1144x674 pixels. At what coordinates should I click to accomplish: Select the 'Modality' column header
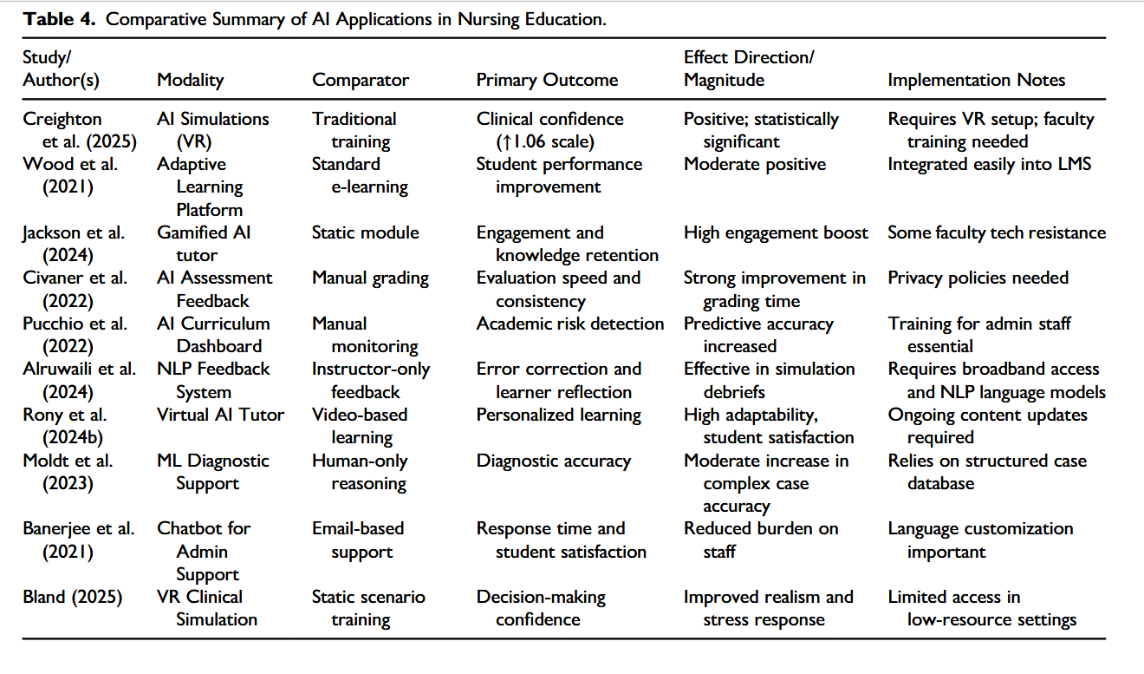[190, 80]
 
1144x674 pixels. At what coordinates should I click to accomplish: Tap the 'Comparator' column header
[361, 80]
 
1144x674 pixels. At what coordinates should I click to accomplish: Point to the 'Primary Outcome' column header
[547, 80]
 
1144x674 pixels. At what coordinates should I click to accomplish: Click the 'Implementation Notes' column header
[977, 80]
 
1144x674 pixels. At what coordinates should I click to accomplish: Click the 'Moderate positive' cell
[755, 164]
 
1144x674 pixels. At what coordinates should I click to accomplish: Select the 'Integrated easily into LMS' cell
[990, 164]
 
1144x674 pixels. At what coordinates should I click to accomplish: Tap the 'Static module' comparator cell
[366, 232]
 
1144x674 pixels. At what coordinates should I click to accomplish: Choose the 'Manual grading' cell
[370, 278]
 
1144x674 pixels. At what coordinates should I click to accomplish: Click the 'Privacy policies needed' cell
[978, 278]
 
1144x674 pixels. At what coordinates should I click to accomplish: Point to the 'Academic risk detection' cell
[570, 324]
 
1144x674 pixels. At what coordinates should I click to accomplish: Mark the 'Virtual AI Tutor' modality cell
[220, 415]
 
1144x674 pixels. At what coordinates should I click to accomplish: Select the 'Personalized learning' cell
[559, 415]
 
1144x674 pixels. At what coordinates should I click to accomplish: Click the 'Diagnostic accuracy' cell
[553, 461]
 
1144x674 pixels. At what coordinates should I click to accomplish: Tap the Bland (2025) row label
[72, 597]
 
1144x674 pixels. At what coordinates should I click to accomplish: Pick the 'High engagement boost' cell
[776, 232]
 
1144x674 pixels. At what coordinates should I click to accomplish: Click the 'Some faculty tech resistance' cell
[997, 232]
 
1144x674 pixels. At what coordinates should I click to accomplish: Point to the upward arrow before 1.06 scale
[504, 142]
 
